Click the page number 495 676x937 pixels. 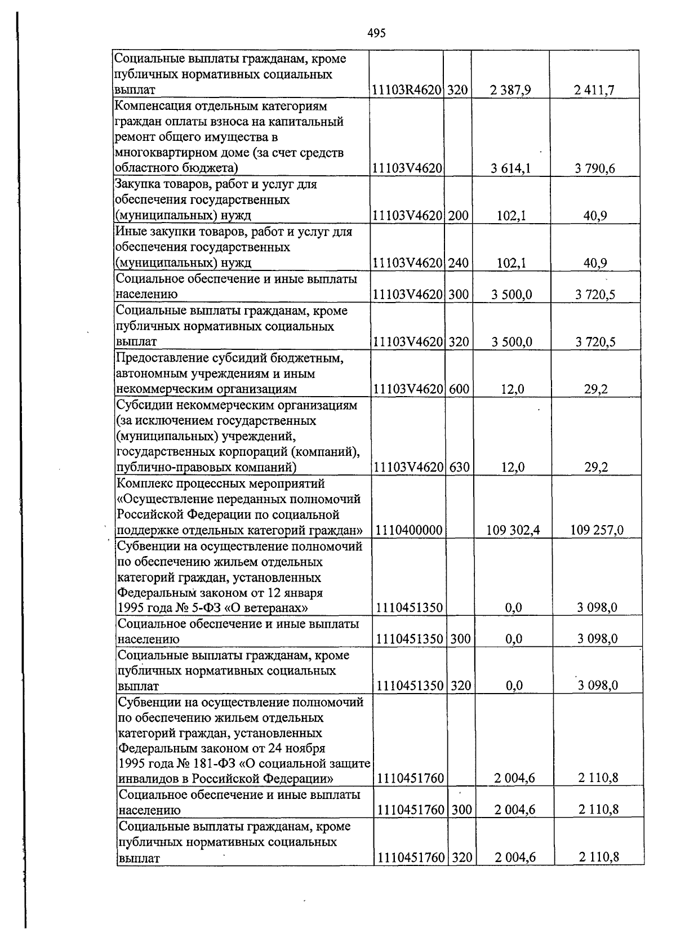coord(376,33)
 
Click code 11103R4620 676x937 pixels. coord(407,90)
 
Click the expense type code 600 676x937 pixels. coord(460,389)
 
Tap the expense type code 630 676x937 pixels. coord(460,467)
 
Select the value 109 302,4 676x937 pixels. coord(513,530)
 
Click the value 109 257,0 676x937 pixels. coord(597,530)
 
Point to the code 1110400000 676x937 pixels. coord(409,530)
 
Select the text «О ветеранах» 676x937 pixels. coord(273,608)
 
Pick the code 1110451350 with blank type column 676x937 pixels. coord(410,608)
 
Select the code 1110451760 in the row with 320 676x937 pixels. coord(411,858)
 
